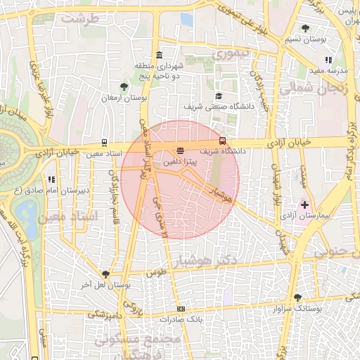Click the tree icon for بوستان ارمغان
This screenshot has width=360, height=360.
(124, 86)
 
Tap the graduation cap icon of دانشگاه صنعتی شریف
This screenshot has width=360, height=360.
(218, 96)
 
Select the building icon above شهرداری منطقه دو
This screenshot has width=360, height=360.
(160, 56)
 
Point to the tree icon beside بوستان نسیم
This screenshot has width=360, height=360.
(304, 28)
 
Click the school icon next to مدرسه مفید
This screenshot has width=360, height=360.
(328, 60)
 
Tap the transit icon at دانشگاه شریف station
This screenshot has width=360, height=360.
(223, 141)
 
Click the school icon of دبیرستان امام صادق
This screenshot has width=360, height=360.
(51, 180)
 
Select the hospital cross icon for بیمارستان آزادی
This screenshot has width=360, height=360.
(304, 205)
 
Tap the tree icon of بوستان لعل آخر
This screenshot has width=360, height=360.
(105, 274)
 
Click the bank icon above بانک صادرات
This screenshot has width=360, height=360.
(181, 309)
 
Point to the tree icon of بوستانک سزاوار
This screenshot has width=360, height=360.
(297, 297)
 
